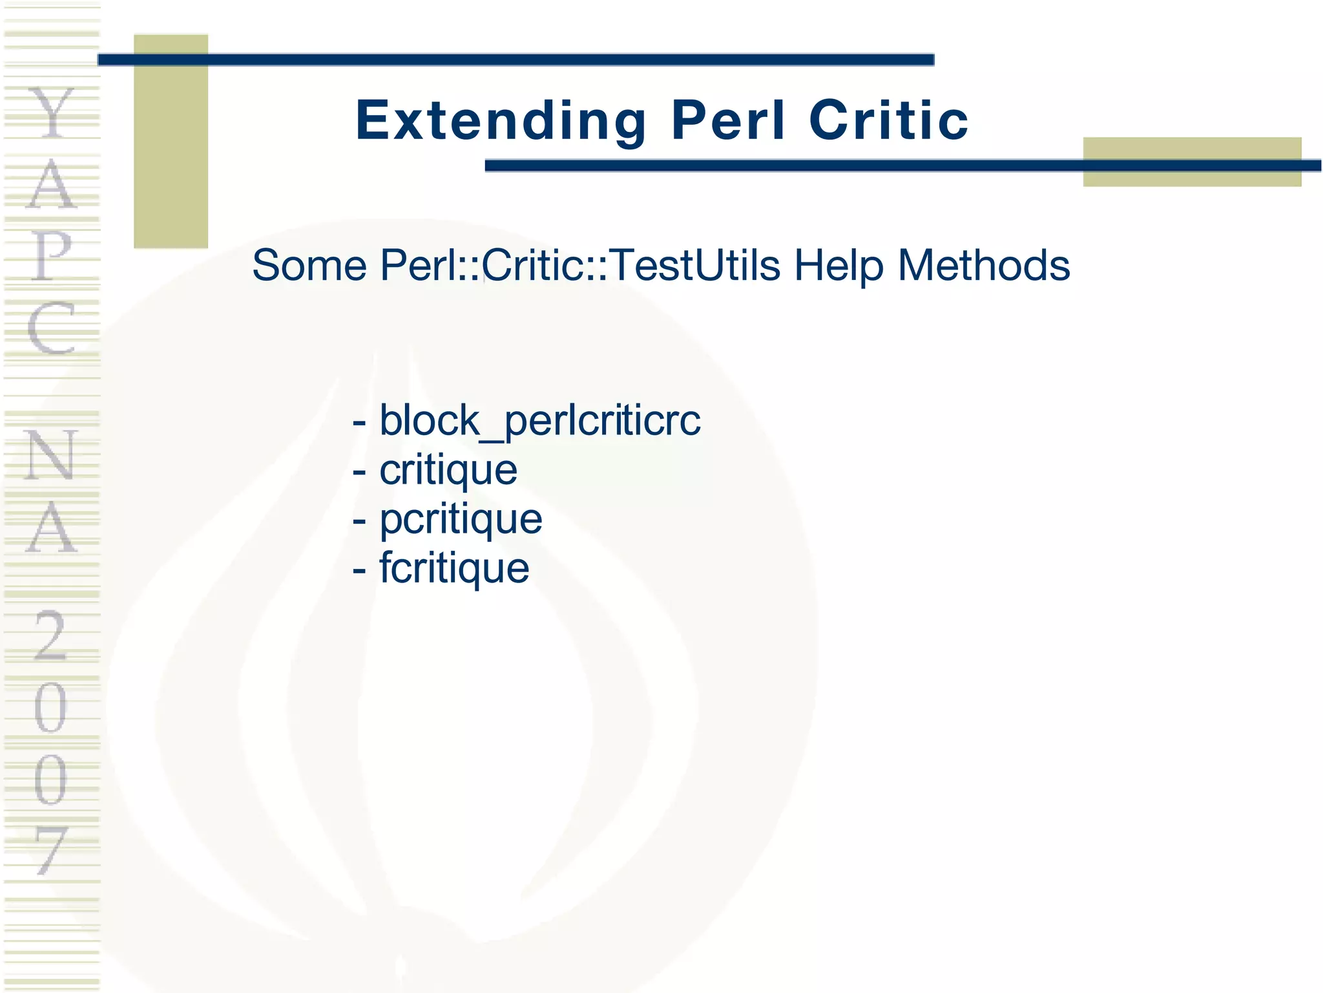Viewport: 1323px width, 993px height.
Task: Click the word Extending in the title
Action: pos(501,121)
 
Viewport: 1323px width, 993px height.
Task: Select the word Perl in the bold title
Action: pos(728,121)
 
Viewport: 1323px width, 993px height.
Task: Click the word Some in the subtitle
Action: pos(309,266)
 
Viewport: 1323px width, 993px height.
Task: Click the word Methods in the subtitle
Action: pos(984,266)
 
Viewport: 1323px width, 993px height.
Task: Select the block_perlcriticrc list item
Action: pos(539,421)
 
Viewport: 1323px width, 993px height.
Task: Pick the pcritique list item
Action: pos(461,519)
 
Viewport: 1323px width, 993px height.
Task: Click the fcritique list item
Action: pos(454,568)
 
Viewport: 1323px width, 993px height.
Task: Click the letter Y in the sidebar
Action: pos(52,114)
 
